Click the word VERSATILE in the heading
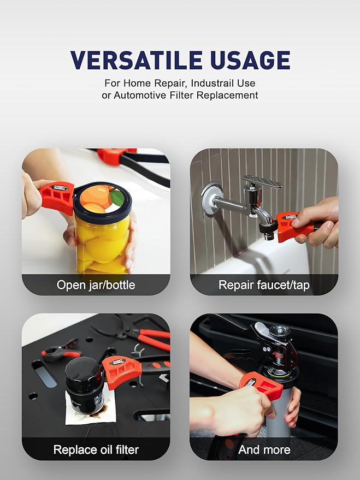click(136, 60)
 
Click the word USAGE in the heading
click(250, 60)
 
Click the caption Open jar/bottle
click(96, 285)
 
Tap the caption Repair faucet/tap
click(264, 285)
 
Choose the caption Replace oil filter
click(96, 450)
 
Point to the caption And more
click(264, 450)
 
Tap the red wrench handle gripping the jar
click(57, 198)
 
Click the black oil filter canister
click(83, 385)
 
